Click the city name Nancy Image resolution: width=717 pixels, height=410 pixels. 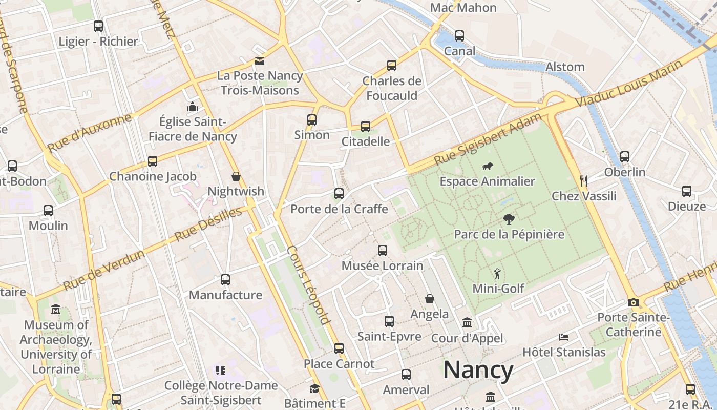pos(478,370)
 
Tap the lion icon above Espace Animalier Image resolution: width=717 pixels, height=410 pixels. pos(488,166)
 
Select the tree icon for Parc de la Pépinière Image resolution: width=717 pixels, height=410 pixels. pos(509,219)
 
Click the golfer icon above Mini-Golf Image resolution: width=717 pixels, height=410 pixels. pos(497,274)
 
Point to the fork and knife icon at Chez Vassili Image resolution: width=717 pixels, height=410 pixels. pos(583,180)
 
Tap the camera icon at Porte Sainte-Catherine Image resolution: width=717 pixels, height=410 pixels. pos(634,302)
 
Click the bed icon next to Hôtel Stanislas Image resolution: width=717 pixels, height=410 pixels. pos(564,337)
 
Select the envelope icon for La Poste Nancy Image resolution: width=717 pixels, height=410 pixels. pos(260,61)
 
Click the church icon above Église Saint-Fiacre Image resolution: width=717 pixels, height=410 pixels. pos(193,107)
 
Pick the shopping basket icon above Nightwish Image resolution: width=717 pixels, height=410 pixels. pos(236,176)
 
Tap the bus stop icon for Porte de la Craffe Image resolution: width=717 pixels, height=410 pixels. pos(339,194)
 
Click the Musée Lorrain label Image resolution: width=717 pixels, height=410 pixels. pos(383,265)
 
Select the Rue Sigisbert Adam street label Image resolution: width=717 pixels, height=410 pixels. pos(487,139)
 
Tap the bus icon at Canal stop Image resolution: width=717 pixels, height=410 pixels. pos(459,36)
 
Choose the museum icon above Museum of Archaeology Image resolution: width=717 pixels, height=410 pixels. pos(56,310)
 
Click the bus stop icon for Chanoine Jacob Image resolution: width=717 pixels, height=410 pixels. pos(153,161)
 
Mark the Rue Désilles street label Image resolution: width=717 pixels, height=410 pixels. pos(208,224)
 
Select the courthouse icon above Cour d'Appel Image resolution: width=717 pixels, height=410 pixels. pos(467,323)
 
